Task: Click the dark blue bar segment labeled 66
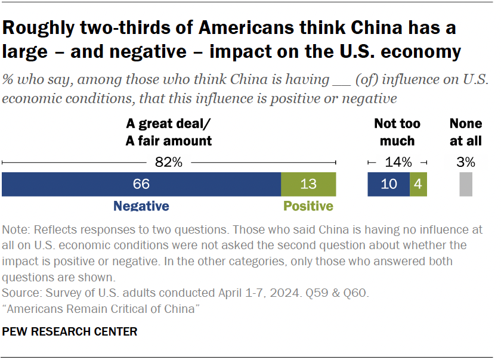(141, 184)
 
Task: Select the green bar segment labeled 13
(308, 184)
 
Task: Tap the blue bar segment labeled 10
(388, 184)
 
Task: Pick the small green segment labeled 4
(418, 184)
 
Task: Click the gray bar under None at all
(466, 184)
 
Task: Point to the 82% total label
(169, 162)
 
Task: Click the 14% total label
(398, 162)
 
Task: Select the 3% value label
(466, 162)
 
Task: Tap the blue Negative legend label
(141, 206)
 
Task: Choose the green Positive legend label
(308, 206)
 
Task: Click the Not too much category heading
(397, 132)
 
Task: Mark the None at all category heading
(466, 132)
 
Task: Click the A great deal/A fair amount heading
(169, 132)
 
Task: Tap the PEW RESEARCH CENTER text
(70, 331)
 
